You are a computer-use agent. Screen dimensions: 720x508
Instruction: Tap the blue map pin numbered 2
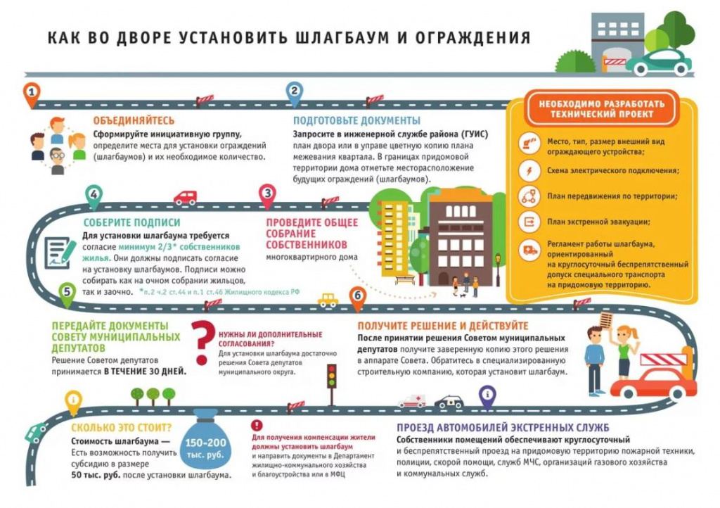(x=295, y=94)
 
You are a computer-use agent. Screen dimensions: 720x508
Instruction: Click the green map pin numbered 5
(x=67, y=295)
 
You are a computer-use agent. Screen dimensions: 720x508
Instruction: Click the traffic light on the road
(x=332, y=384)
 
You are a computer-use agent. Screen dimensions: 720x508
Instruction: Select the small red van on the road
(x=186, y=198)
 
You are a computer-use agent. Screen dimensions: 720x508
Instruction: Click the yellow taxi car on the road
(x=328, y=300)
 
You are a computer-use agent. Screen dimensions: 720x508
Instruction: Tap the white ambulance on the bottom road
(x=412, y=401)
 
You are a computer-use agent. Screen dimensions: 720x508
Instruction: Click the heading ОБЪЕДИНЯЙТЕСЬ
(x=134, y=121)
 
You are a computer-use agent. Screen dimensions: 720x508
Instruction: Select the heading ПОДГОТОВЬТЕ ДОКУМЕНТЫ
(x=356, y=121)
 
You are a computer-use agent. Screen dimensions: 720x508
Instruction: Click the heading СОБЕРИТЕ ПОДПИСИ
(x=131, y=223)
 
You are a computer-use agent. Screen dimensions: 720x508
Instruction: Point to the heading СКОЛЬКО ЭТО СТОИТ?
(x=121, y=428)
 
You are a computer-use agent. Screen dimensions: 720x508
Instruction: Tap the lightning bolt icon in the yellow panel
(x=529, y=171)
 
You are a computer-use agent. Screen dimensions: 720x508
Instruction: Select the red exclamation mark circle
(x=257, y=425)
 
